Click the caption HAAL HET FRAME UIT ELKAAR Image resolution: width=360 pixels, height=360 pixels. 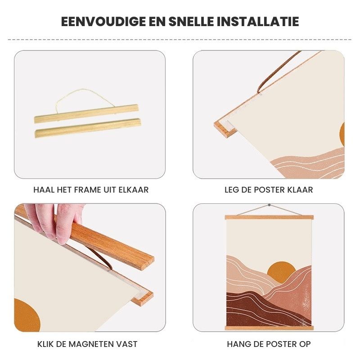click(91, 190)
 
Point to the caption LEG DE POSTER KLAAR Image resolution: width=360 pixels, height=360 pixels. click(269, 190)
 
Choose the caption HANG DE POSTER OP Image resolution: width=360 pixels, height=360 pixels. click(269, 344)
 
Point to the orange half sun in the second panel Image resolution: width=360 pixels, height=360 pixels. click(342, 134)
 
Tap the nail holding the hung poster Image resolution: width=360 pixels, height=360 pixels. click(269, 205)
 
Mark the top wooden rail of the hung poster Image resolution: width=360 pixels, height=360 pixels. click(269, 217)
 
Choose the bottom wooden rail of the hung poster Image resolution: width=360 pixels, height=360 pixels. click(269, 328)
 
